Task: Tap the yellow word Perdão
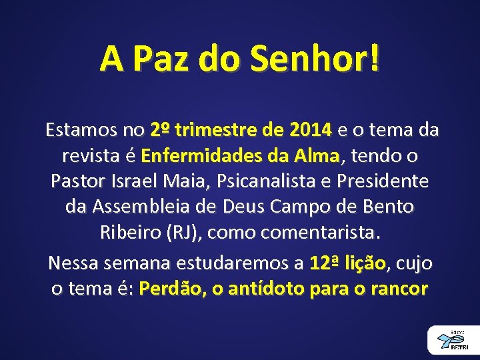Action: click(x=165, y=289)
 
